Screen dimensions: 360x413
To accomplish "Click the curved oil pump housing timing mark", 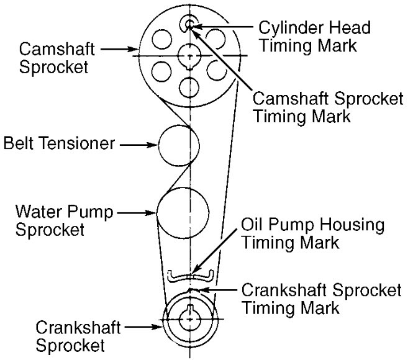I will tap(191, 277).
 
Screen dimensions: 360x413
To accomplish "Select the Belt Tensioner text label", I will tap(58, 145).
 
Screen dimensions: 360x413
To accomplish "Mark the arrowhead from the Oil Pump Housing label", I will tap(197, 271).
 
